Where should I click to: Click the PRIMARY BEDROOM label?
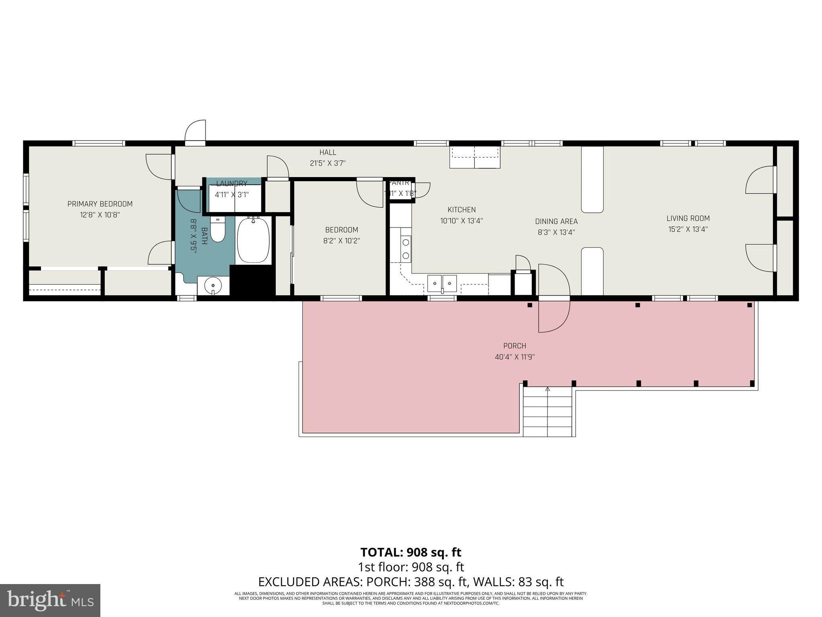[100, 204]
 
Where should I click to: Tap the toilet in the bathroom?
[218, 230]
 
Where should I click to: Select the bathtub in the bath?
[253, 240]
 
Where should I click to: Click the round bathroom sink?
[213, 286]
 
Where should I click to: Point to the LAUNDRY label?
[232, 184]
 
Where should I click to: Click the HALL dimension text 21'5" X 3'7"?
[328, 163]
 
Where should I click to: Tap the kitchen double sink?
[442, 283]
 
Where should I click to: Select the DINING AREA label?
[556, 222]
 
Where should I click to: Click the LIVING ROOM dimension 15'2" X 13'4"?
[688, 229]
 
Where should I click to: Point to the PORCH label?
[515, 346]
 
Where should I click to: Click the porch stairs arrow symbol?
[547, 389]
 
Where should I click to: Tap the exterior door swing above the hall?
[195, 131]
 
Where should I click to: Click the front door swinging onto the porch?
[553, 298]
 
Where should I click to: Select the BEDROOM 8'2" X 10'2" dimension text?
[342, 241]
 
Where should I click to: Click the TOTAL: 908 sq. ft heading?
[411, 552]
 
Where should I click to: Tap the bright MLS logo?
[50, 600]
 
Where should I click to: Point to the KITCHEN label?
[462, 210]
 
